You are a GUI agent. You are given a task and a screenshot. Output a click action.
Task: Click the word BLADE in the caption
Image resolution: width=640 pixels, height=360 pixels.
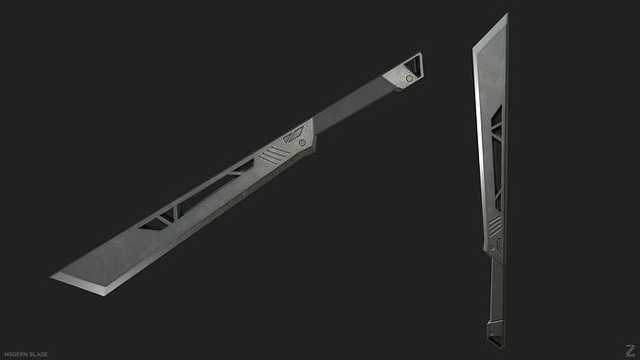[38, 353]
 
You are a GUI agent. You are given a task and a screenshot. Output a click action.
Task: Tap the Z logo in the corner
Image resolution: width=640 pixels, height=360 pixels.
[628, 349]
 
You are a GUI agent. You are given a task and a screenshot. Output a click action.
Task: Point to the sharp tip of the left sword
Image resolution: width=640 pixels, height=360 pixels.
[52, 276]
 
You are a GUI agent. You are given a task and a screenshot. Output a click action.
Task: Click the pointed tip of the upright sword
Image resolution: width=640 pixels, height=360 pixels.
[506, 14]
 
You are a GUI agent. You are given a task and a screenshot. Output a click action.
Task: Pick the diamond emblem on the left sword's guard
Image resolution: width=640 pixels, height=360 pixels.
[298, 134]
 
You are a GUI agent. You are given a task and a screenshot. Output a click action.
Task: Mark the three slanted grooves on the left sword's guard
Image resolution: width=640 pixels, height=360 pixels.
[275, 152]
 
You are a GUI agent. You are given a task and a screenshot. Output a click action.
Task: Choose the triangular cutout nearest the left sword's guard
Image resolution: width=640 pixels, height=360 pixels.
[242, 168]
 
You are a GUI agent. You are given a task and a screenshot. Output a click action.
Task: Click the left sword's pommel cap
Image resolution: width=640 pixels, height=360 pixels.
[402, 74]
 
